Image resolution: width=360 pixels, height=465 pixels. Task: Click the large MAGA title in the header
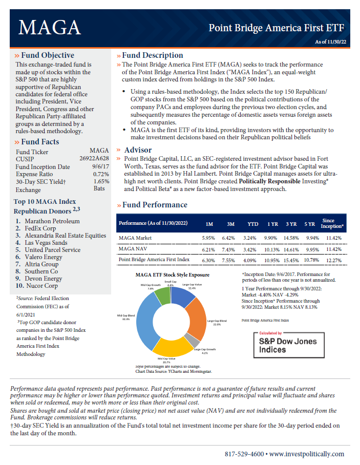49,27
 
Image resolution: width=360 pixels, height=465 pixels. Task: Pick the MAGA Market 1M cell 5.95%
209,238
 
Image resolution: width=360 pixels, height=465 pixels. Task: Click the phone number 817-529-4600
245,454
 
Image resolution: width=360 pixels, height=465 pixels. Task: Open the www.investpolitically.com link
307,454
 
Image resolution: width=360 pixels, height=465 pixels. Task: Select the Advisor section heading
138,150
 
